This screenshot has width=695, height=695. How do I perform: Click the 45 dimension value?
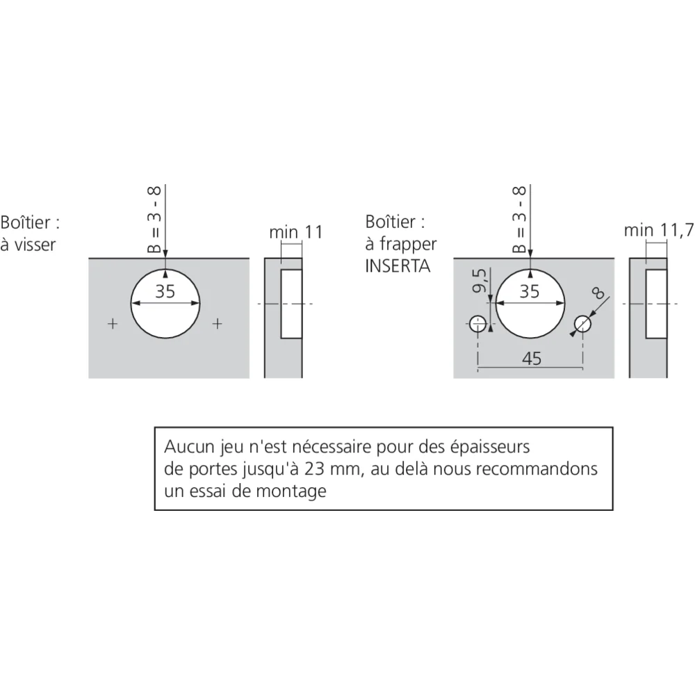pos(532,358)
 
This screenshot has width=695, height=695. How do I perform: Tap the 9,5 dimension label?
pos(480,281)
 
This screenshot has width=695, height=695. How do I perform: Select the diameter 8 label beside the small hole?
pos(598,293)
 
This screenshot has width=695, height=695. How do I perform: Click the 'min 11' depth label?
pos(296,232)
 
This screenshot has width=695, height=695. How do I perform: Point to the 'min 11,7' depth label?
pos(659,230)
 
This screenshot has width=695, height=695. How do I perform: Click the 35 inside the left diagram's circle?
pos(165,291)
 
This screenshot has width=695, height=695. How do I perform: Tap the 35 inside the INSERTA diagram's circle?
pos(529,291)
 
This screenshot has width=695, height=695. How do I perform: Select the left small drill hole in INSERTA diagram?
pos(478,324)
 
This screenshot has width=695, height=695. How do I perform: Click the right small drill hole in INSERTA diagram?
pos(582,324)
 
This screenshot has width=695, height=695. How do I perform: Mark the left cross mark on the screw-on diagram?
pos(113,324)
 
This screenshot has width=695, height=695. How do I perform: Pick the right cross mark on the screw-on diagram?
pos(217,324)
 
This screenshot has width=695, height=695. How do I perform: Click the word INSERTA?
pos(398,266)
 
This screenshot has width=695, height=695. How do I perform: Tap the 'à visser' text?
pos(28,245)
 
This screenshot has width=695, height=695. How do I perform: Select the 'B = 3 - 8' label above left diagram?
pos(154,220)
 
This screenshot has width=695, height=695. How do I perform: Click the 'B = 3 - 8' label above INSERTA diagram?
pos(518,220)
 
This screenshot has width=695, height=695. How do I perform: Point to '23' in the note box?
pos(314,468)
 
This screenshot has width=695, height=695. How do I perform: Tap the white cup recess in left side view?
pos(291,304)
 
